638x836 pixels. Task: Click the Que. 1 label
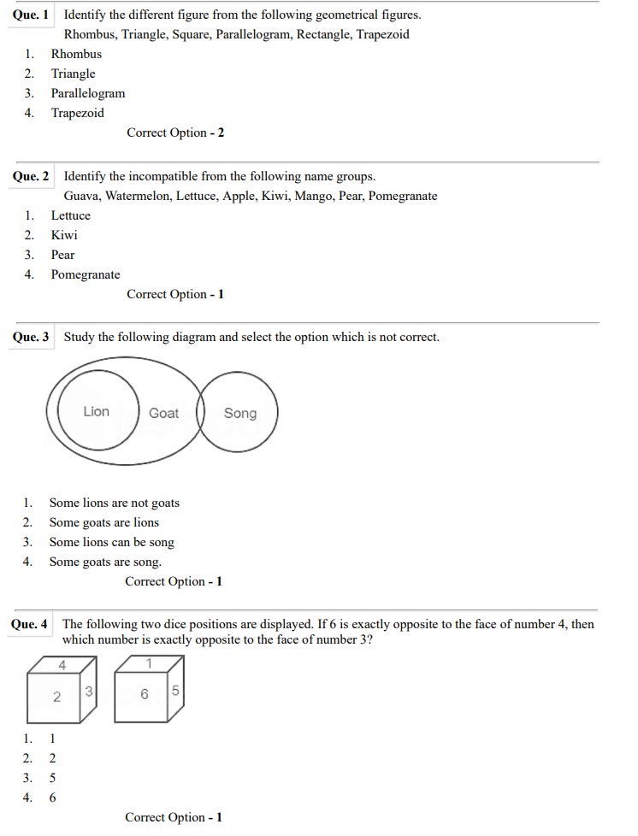pyautogui.click(x=31, y=15)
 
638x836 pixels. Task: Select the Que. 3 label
pyautogui.click(x=31, y=337)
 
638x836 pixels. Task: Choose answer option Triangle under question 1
pyautogui.click(x=73, y=74)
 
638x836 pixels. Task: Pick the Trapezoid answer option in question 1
pyautogui.click(x=77, y=113)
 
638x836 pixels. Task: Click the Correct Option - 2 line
pyautogui.click(x=175, y=132)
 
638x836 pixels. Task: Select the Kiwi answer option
pyautogui.click(x=64, y=235)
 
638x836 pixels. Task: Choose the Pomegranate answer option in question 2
pyautogui.click(x=86, y=274)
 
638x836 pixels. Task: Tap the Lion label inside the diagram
pyautogui.click(x=97, y=411)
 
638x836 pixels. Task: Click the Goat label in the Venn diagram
pyautogui.click(x=163, y=413)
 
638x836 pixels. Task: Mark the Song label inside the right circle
pyautogui.click(x=240, y=413)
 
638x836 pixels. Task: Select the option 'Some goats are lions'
pyautogui.click(x=103, y=522)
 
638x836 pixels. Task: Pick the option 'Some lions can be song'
pyautogui.click(x=111, y=542)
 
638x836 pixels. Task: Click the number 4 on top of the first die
pyautogui.click(x=62, y=664)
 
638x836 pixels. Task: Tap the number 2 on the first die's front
pyautogui.click(x=56, y=697)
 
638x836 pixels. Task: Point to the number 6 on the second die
pyautogui.click(x=145, y=694)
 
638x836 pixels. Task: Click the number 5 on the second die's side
pyautogui.click(x=175, y=689)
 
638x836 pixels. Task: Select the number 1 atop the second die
pyautogui.click(x=150, y=662)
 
